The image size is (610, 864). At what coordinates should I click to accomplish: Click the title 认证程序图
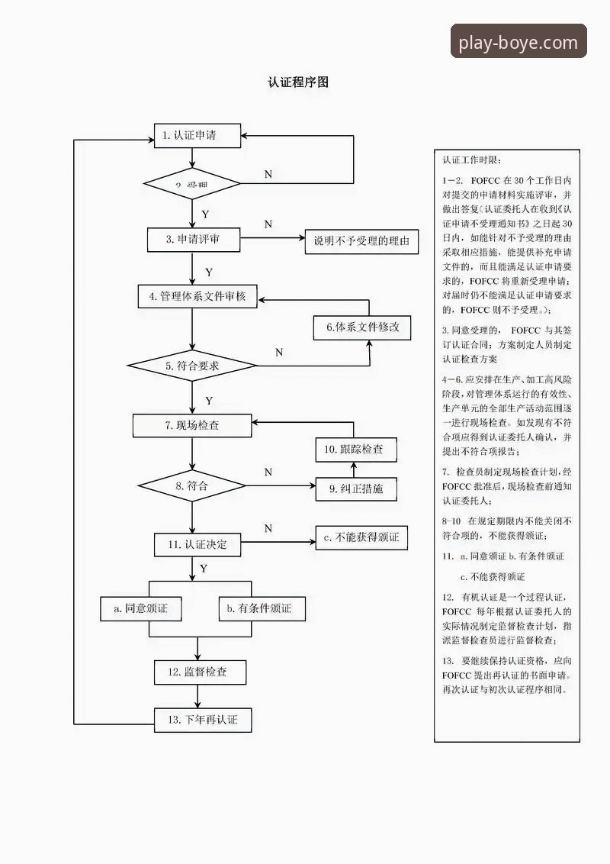[298, 82]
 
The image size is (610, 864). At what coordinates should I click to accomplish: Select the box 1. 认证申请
[197, 136]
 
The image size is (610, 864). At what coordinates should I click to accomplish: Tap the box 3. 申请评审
[194, 239]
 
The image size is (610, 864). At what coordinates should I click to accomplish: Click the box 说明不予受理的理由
[361, 242]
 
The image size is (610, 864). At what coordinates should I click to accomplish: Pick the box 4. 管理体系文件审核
[197, 296]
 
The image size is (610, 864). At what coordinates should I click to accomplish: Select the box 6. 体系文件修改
[362, 327]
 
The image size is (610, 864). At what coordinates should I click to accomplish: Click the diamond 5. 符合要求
[192, 366]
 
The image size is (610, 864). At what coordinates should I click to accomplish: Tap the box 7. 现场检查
[192, 425]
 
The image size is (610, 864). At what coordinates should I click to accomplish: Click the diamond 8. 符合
[191, 485]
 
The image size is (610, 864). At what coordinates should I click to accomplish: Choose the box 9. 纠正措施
[356, 488]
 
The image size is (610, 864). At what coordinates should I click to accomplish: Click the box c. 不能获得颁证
[361, 537]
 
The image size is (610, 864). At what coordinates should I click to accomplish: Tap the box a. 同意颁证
[140, 608]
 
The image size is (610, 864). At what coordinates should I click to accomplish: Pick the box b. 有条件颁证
[262, 608]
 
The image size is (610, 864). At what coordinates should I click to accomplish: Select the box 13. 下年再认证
[203, 720]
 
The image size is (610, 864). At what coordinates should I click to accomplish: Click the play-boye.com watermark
[518, 42]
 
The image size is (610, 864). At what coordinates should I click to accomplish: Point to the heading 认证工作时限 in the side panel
[472, 160]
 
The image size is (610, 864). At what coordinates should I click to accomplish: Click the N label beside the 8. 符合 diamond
[268, 472]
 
